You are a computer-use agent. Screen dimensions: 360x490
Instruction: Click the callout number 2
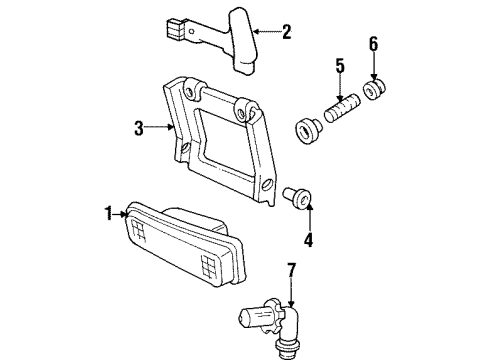tap(287, 32)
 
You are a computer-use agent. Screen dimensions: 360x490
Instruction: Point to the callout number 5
tap(340, 67)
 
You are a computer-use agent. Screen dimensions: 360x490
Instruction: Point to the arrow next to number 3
tap(160, 127)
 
